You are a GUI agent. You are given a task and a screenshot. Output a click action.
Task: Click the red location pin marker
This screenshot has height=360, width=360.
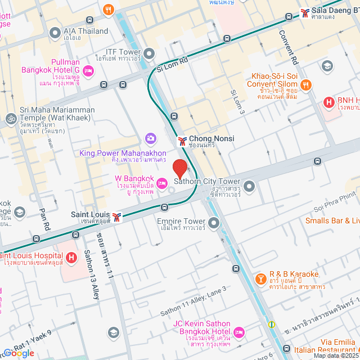(x=179, y=168)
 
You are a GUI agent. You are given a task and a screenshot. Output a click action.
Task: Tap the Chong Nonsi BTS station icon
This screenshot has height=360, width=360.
(x=182, y=139)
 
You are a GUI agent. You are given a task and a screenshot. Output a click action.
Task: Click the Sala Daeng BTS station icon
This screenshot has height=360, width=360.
(x=305, y=12)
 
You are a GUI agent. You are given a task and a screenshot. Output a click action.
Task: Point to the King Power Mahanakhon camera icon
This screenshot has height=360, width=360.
(x=150, y=138)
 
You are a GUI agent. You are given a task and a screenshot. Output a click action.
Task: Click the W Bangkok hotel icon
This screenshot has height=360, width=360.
(x=161, y=182)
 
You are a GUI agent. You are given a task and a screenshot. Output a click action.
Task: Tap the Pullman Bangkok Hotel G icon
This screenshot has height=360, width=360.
(x=88, y=71)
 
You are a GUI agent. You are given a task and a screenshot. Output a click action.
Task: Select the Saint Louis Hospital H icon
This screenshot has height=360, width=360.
(x=71, y=258)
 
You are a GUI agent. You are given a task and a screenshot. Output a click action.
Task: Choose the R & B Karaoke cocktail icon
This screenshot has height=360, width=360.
(x=261, y=279)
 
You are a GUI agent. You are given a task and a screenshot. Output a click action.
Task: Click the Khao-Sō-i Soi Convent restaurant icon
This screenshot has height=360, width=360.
(x=306, y=85)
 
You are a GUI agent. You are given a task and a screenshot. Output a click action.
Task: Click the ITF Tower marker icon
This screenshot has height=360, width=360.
(x=149, y=54)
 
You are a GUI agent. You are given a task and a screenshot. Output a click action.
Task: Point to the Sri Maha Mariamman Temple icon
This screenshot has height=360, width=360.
(x=10, y=119)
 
